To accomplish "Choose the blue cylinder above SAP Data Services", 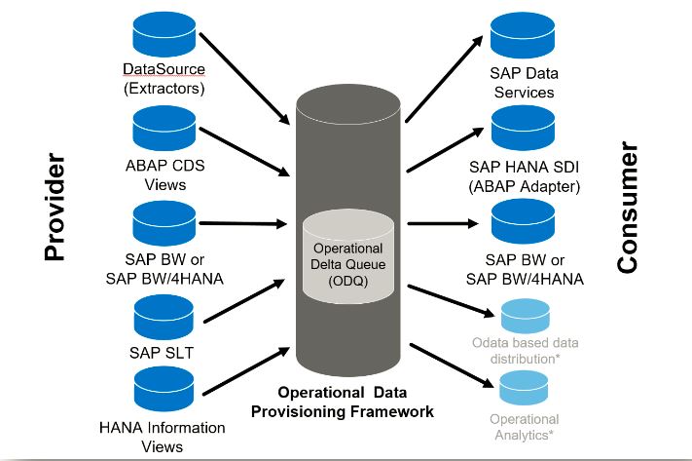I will [x=523, y=35].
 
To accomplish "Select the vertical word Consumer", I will [x=628, y=209].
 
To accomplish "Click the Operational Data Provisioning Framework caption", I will [x=343, y=402].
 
